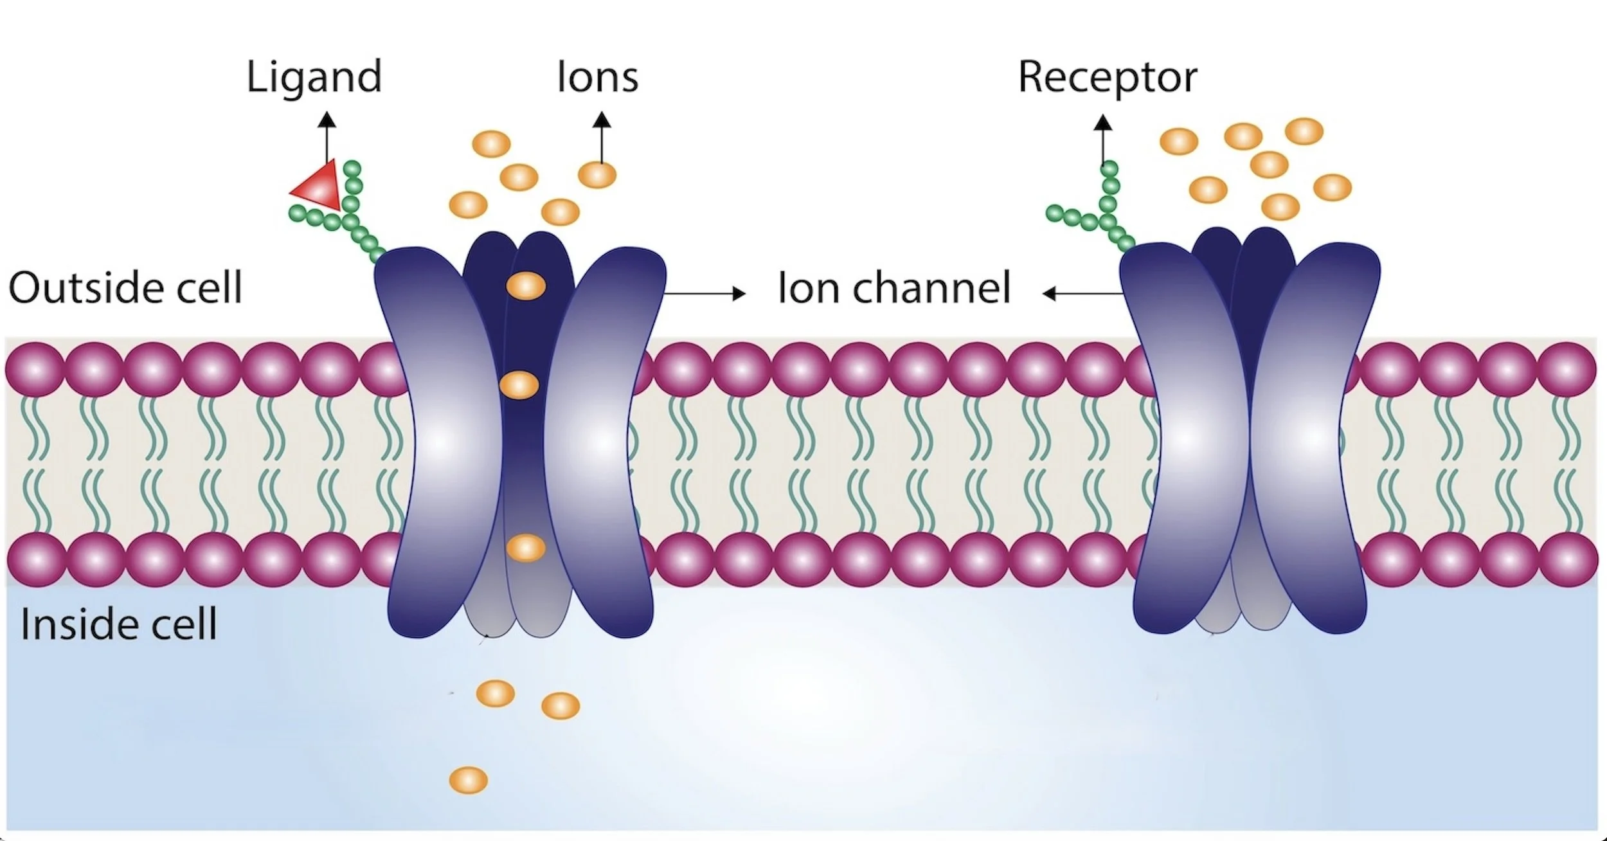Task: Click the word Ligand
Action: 314,77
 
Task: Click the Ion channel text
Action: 894,287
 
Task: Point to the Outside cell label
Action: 125,287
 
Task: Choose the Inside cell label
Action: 118,624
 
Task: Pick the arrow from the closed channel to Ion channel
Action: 1082,294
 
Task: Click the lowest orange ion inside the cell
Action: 468,780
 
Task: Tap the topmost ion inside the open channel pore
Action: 526,285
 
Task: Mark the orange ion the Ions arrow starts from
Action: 597,175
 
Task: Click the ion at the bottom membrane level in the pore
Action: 526,548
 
